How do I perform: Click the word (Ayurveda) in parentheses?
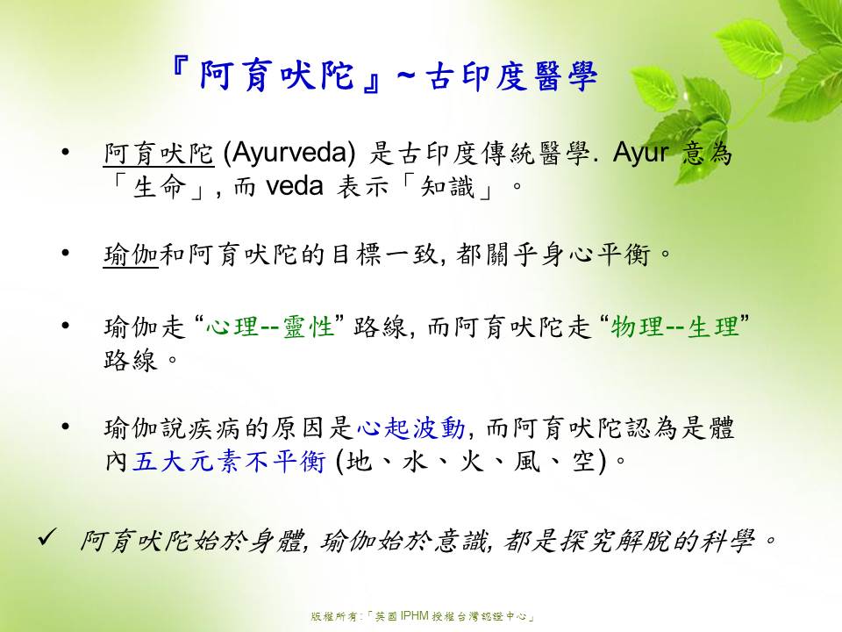tap(289, 154)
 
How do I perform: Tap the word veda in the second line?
tap(295, 186)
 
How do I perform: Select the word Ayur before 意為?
tap(640, 154)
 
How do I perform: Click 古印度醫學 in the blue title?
tap(510, 77)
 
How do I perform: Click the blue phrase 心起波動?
tap(410, 429)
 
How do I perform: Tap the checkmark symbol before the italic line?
tap(47, 538)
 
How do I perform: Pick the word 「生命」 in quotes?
tap(159, 187)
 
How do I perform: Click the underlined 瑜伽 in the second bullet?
tap(131, 255)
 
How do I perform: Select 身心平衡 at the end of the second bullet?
tap(595, 255)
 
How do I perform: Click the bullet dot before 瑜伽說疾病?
tap(66, 427)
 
